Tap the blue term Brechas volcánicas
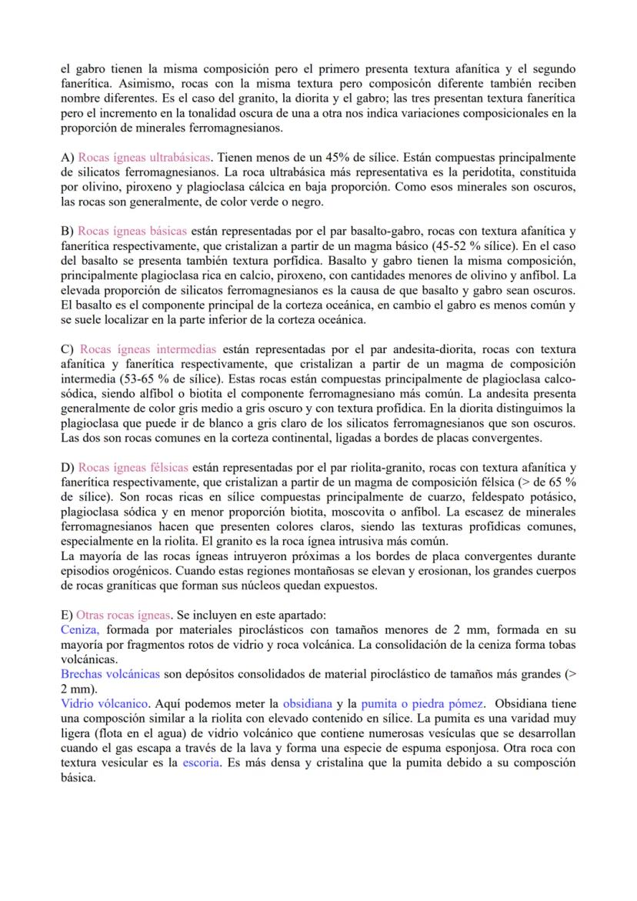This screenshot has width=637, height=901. tap(110, 673)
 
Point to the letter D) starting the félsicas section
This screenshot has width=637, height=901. tap(67, 466)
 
